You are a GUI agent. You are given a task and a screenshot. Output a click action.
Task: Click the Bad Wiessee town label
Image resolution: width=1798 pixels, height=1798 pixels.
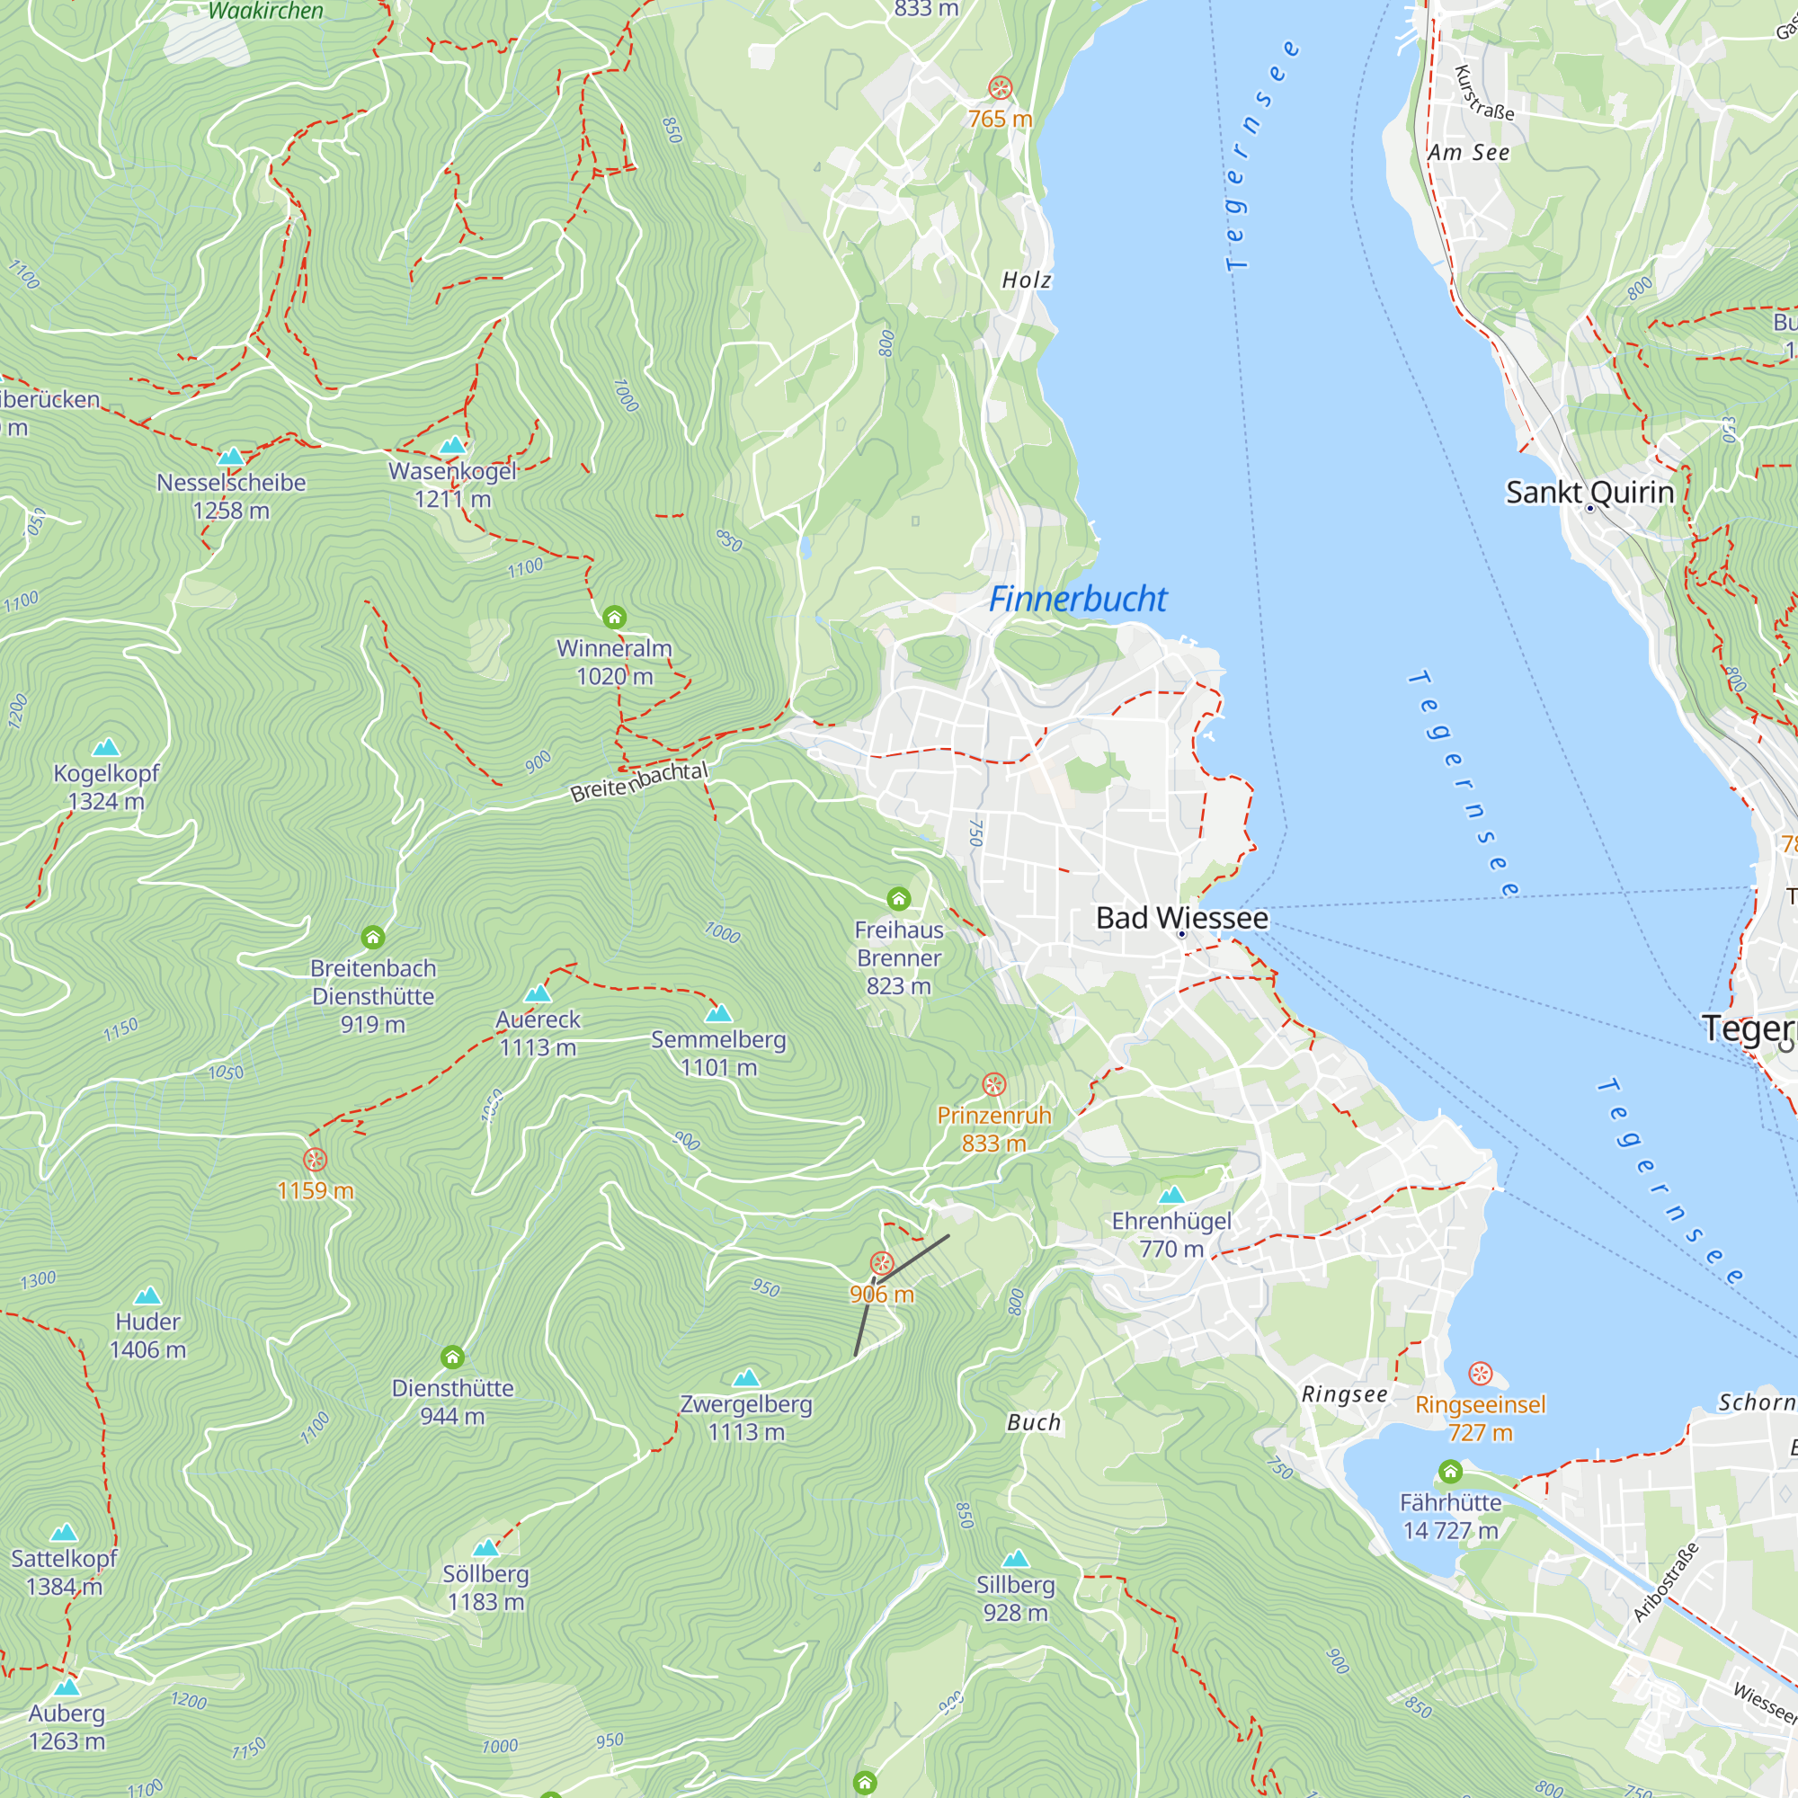point(1182,918)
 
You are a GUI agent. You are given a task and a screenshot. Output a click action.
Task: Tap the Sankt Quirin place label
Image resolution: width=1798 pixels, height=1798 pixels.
point(1589,493)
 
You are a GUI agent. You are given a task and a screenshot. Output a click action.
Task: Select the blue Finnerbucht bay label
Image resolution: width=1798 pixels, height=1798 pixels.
point(1077,600)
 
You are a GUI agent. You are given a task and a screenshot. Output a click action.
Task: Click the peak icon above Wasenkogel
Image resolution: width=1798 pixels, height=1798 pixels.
point(452,445)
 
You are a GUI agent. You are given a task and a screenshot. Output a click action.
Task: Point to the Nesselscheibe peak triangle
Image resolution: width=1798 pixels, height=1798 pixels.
point(231,456)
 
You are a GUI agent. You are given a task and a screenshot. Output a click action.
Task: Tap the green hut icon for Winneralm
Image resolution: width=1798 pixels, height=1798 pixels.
point(614,617)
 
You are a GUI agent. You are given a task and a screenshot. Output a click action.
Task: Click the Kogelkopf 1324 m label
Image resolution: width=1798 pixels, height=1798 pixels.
point(106,787)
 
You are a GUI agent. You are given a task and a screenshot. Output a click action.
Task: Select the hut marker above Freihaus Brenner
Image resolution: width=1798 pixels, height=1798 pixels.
point(898,898)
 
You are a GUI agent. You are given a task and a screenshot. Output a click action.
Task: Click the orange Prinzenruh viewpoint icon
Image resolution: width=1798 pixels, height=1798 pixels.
point(994,1084)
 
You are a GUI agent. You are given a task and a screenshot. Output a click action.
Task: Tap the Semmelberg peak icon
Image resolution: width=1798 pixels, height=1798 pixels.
point(718,1012)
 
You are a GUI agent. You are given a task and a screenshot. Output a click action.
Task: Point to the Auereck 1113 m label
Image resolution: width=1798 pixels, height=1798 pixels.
point(538,1033)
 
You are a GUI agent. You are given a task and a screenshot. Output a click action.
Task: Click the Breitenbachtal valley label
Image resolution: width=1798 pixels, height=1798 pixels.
point(639,781)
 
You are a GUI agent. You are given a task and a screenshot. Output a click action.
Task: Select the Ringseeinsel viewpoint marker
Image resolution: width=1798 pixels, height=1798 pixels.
point(1480,1374)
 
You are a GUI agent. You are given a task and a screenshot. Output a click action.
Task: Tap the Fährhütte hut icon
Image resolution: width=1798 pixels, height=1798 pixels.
point(1450,1472)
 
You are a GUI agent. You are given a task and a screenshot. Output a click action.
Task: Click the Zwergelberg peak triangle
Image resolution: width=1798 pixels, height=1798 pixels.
point(746,1377)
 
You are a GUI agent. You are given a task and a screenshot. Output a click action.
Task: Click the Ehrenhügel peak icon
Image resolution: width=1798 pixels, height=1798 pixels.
point(1171,1194)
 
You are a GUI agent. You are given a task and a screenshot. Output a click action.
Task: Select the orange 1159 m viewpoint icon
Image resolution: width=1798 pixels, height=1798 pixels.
point(316,1160)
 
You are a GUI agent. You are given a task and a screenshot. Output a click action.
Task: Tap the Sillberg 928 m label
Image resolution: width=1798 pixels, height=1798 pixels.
point(1015,1598)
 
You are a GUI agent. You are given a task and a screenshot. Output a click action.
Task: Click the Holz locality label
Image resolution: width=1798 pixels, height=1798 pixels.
point(1027,280)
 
